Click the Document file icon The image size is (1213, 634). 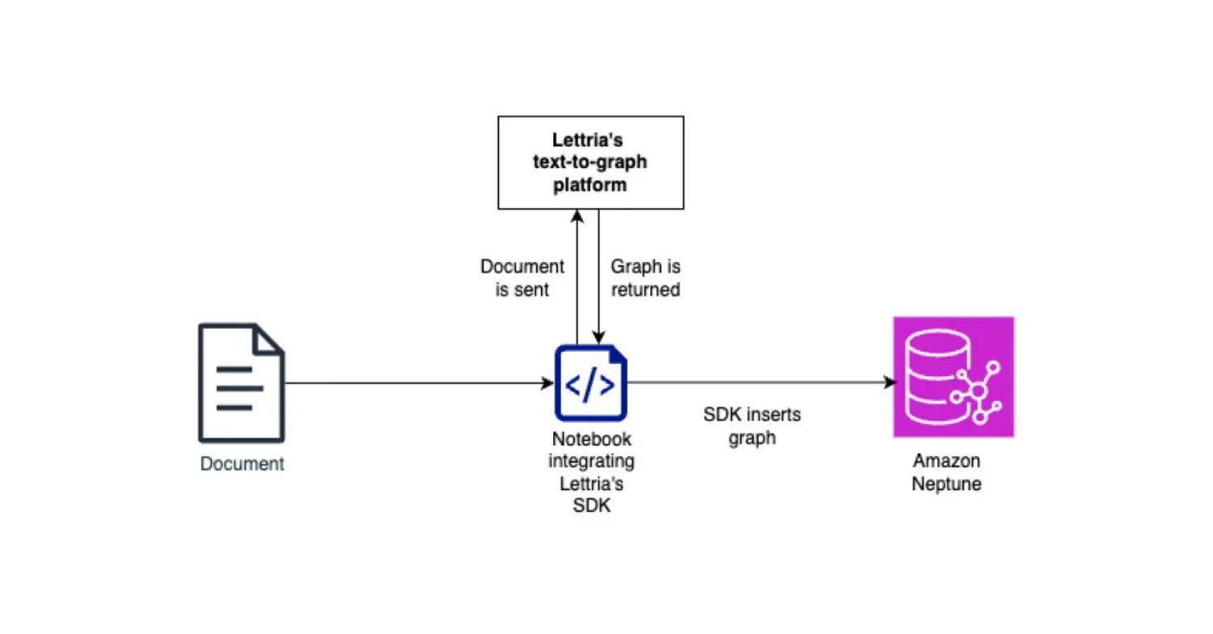tap(241, 383)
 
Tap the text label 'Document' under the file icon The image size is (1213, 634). tap(242, 464)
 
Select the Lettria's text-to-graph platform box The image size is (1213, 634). tap(590, 162)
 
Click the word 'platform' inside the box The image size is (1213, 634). tap(590, 184)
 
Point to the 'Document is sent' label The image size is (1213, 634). tap(522, 277)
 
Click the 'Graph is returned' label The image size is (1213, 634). tap(645, 277)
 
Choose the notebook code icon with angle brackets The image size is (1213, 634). tap(590, 383)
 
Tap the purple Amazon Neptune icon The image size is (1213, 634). tap(953, 377)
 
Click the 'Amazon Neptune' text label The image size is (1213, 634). tap(946, 472)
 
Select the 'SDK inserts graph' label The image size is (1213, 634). tap(752, 426)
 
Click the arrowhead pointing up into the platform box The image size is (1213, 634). tap(576, 215)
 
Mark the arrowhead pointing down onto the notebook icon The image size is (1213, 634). tap(598, 337)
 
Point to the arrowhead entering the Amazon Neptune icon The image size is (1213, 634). tap(890, 383)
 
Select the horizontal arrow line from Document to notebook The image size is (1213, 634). tap(412, 383)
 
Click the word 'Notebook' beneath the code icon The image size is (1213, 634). tap(591, 439)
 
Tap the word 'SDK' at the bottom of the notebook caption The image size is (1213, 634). tap(591, 507)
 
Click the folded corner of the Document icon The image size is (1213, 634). tap(269, 338)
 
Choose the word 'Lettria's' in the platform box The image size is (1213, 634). tap(587, 140)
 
